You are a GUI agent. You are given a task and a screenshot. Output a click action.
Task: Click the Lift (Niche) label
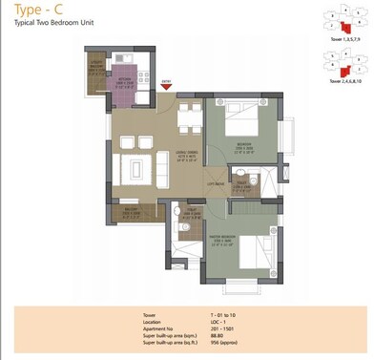[215, 181]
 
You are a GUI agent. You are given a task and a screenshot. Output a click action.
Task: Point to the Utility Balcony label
[97, 69]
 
